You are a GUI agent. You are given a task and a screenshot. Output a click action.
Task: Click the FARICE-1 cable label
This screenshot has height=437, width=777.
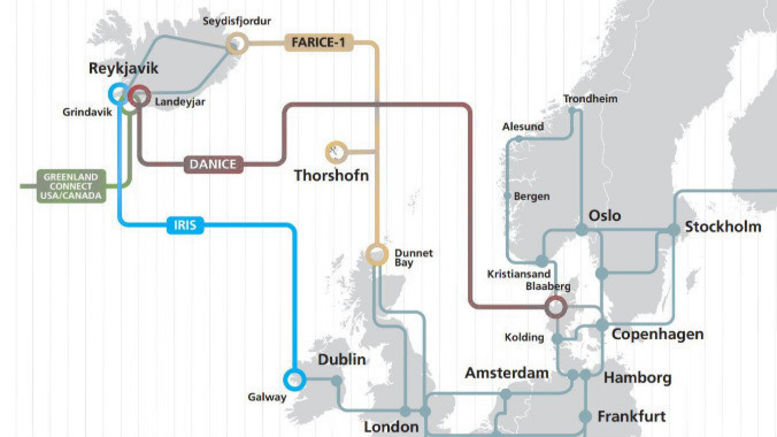tap(318, 43)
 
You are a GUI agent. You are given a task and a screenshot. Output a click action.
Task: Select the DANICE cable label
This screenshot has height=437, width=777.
tap(213, 164)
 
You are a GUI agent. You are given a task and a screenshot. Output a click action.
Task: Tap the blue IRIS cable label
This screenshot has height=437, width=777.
tap(185, 225)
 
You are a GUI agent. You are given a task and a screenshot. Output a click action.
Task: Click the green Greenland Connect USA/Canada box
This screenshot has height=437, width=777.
tap(71, 186)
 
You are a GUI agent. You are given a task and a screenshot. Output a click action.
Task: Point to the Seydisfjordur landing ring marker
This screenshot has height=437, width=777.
tap(237, 43)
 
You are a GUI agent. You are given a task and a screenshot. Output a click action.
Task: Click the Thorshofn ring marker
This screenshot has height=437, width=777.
tap(336, 152)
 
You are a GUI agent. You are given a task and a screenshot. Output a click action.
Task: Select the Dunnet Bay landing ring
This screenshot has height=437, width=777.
tap(377, 254)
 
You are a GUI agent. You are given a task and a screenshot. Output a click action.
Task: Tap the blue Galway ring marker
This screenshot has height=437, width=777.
tap(294, 379)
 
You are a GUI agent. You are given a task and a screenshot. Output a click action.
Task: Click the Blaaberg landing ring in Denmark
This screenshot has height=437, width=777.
tap(556, 307)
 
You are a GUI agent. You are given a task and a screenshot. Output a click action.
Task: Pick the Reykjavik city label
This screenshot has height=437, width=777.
tap(123, 68)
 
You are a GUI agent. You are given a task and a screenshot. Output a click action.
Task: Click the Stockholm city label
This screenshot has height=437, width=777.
tap(723, 226)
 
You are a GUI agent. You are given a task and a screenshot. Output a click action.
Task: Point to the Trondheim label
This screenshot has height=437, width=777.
tap(590, 99)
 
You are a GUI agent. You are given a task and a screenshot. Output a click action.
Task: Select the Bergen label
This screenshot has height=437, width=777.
tap(531, 196)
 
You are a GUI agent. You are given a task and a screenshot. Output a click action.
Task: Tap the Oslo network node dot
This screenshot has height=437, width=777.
tap(582, 230)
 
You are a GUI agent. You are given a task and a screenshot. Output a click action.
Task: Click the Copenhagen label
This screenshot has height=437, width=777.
tap(657, 335)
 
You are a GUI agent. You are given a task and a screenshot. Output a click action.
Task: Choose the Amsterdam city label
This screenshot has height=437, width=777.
tap(507, 373)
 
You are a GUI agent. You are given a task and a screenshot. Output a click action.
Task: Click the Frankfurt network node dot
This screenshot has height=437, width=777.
tap(585, 416)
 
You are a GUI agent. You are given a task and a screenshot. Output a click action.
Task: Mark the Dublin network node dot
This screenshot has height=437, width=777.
tap(336, 380)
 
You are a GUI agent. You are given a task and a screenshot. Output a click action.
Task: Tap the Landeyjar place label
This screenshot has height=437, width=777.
tap(180, 102)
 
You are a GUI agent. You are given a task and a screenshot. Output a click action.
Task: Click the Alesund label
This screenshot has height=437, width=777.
tap(523, 127)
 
